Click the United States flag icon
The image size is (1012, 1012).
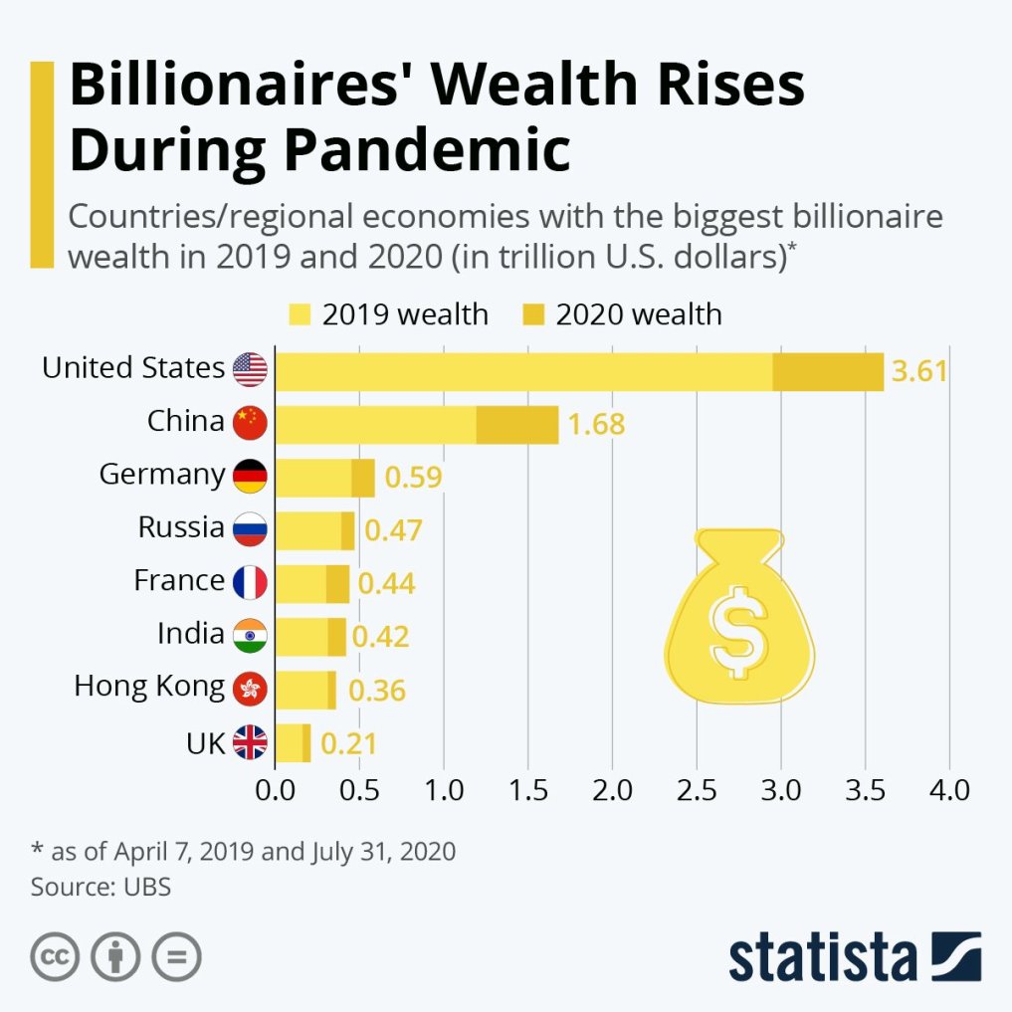click(250, 369)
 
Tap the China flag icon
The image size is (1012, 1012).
click(250, 423)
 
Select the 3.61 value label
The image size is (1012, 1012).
click(918, 372)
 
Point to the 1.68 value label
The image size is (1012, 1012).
click(596, 425)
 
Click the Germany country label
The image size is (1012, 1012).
click(162, 475)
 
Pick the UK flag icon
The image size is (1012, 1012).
click(250, 742)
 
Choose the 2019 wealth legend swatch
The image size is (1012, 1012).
click(300, 315)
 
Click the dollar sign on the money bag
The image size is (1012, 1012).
click(738, 631)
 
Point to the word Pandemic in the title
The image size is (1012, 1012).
click(427, 150)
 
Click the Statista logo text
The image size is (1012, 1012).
click(822, 956)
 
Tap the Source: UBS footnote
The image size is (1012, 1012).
click(101, 887)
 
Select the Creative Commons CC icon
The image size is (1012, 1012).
click(56, 957)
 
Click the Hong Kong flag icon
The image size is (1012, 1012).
click(250, 689)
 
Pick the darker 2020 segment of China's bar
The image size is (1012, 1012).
click(517, 424)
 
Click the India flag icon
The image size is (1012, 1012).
click(250, 635)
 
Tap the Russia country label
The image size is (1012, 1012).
click(181, 527)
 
